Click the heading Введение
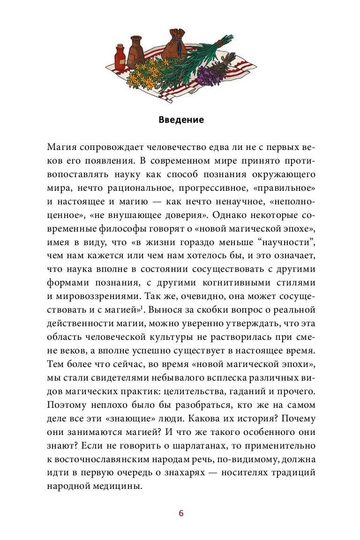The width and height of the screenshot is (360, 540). click(181, 120)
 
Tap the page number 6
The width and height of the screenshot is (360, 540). click(181, 513)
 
